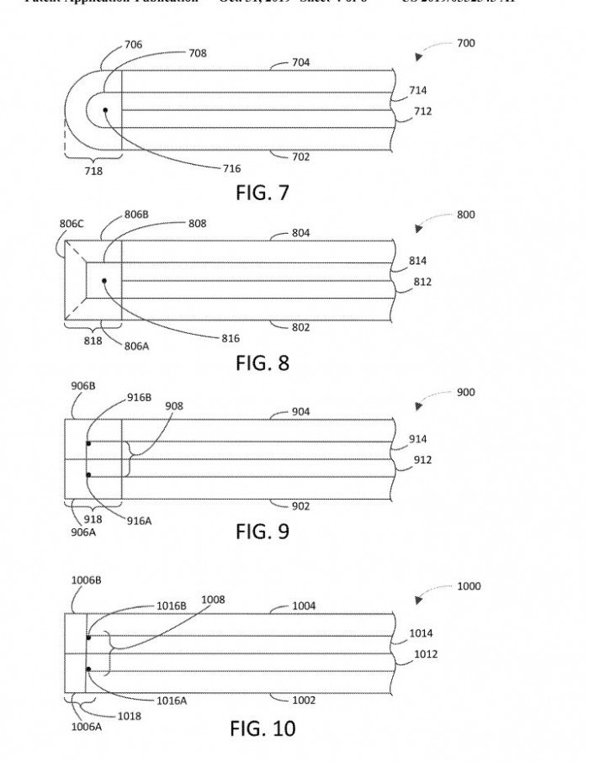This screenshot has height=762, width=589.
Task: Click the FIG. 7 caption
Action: coord(261,193)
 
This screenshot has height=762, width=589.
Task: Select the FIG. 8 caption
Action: coord(261,363)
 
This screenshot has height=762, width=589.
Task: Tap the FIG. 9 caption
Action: coord(261,532)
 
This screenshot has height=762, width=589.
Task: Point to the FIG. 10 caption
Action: coord(263,728)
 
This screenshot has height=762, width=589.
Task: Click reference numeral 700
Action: coord(465,43)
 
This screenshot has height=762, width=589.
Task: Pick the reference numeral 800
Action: coord(465,214)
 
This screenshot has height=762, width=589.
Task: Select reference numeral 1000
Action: coord(469,586)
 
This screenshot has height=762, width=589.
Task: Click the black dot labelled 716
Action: coord(105,109)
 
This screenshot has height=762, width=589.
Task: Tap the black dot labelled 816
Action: coord(103,280)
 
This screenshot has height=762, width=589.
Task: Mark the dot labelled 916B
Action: coord(88,443)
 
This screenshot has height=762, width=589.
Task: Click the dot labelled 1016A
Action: coord(88,669)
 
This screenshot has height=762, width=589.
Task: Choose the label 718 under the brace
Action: coord(93,172)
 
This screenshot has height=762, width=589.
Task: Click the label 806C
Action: coord(72,224)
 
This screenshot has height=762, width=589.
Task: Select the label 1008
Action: coord(212,601)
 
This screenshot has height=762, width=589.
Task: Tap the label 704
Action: coord(300,62)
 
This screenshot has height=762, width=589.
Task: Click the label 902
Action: coord(300,506)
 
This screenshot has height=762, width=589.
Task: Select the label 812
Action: coord(422,282)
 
